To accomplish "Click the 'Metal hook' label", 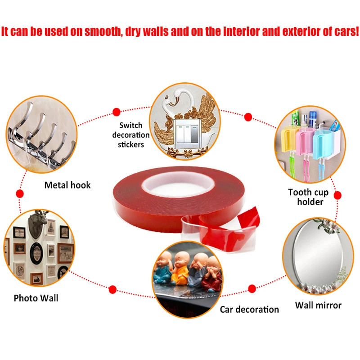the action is tap(67, 185).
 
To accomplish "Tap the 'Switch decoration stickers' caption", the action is tap(131, 135).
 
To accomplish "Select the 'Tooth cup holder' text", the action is tap(308, 197).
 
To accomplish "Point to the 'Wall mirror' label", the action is tap(318, 306).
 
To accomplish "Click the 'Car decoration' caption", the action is tap(249, 310).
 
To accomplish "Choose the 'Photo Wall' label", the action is tap(36, 298).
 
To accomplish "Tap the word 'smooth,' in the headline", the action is tap(103, 31).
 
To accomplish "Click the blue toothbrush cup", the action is tap(323, 144).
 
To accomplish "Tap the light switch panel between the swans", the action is tap(187, 134).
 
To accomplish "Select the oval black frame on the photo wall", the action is tap(36, 253).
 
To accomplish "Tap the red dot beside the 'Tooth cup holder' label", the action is tap(337, 195).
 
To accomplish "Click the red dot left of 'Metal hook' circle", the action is tap(20, 193).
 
